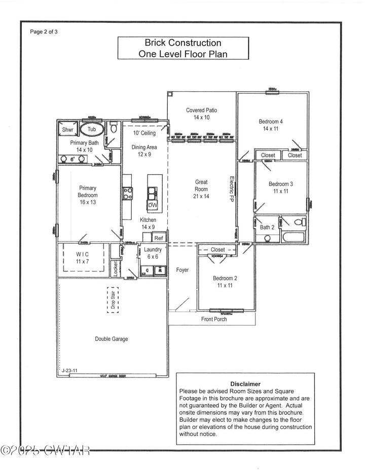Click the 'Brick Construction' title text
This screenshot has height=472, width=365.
[183, 43]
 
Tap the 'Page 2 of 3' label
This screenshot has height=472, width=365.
[45, 31]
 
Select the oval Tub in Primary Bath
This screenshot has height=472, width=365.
[92, 130]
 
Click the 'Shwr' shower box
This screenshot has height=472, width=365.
[68, 130]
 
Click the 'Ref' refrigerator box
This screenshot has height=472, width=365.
[159, 238]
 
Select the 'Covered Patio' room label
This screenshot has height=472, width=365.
[202, 110]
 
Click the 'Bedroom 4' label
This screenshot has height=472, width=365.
[271, 122]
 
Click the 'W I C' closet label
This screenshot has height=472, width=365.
[82, 254]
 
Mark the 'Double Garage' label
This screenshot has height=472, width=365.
[112, 339]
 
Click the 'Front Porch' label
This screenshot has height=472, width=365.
[214, 319]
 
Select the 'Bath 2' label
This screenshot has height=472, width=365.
[267, 227]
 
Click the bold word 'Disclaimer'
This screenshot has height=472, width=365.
[245, 384]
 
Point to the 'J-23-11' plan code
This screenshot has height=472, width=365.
[69, 371]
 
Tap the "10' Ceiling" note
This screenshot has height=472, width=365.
[144, 133]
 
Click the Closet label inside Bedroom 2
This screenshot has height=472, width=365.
[217, 250]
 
